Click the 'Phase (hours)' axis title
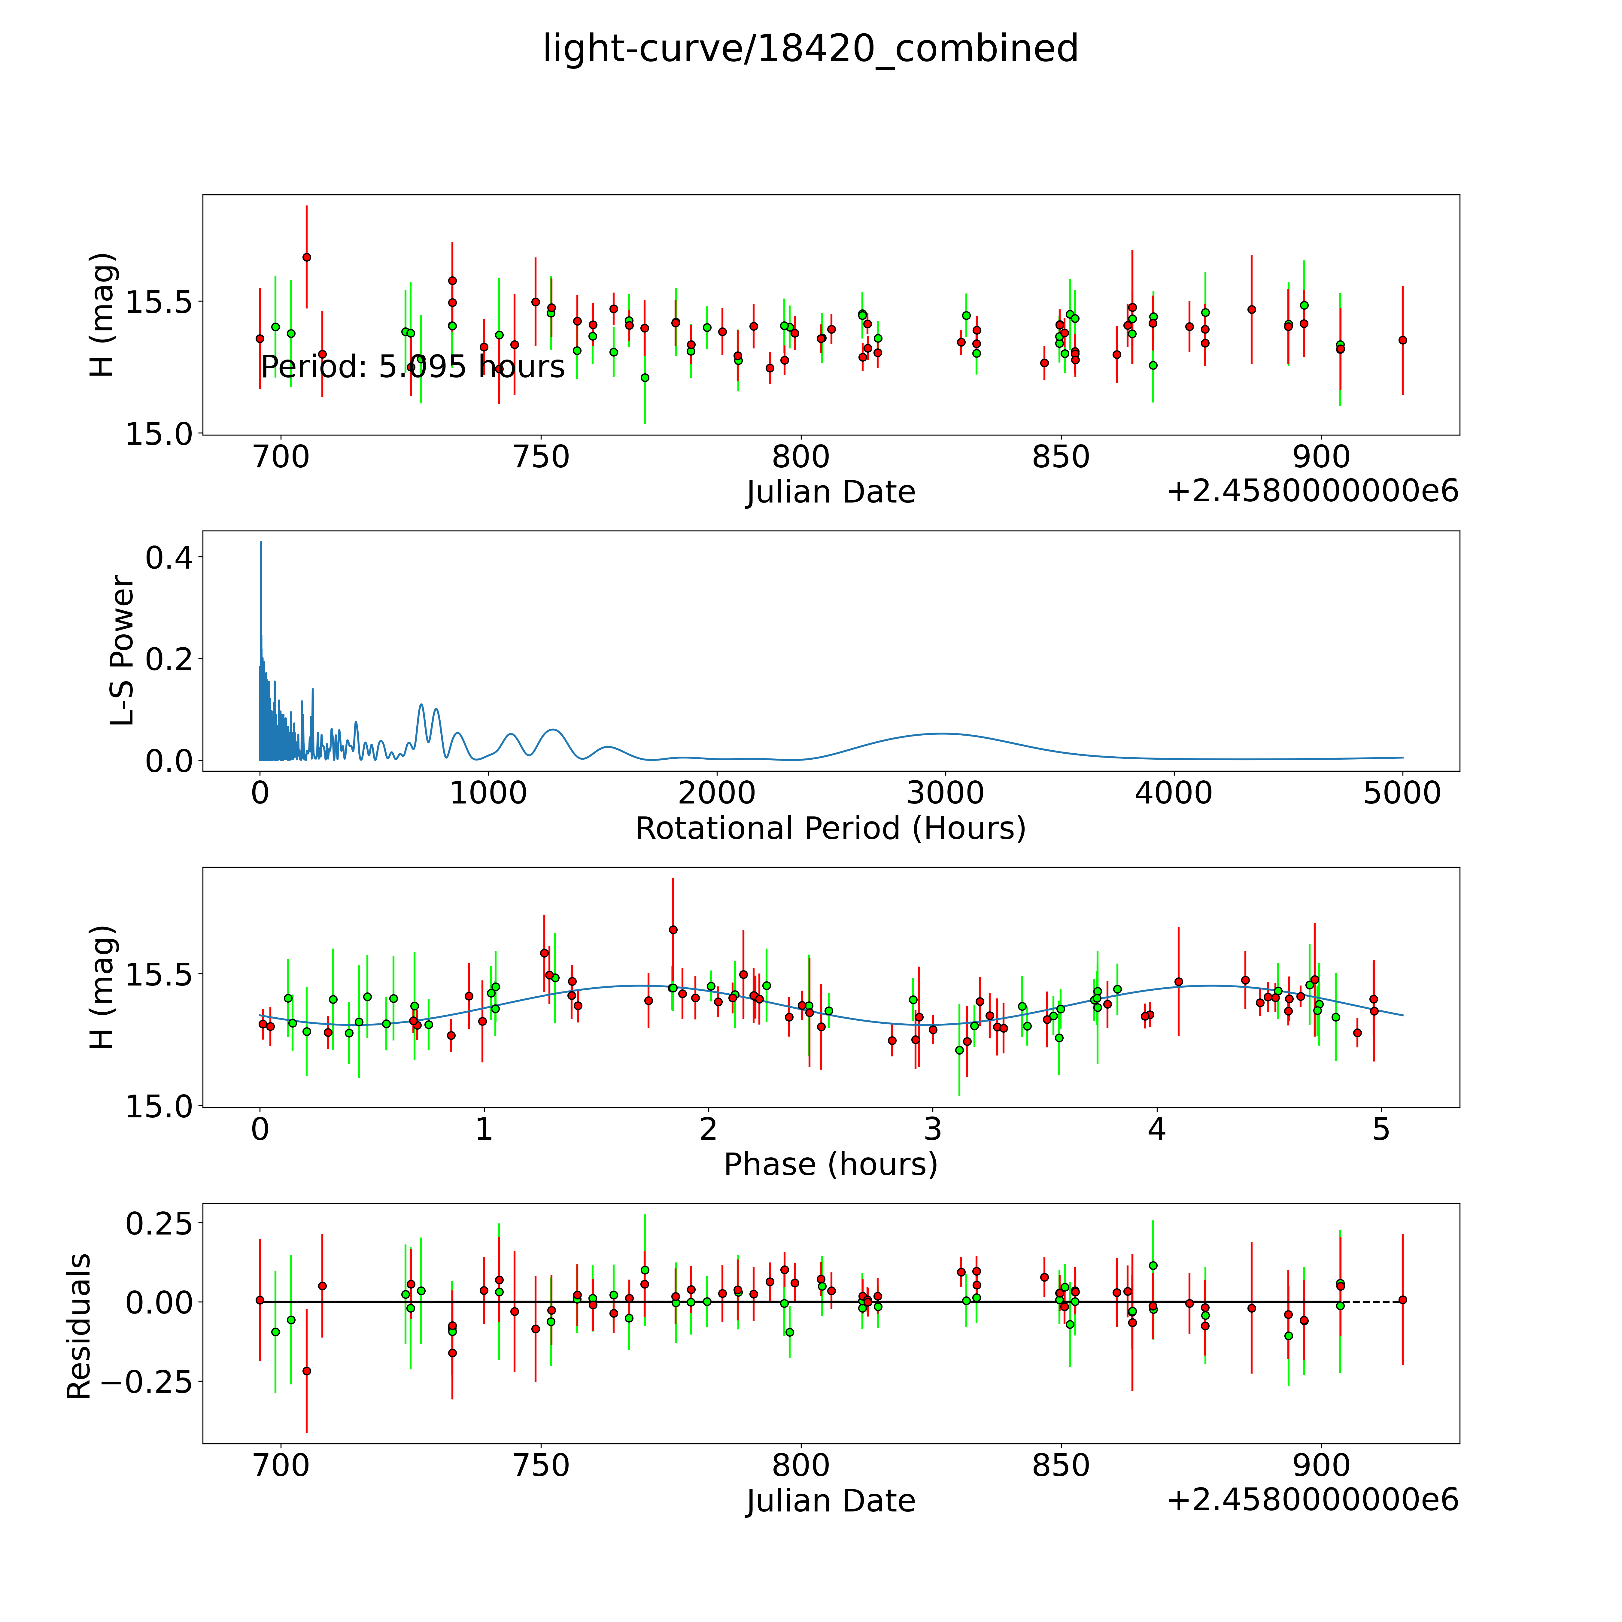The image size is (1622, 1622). coord(830,1165)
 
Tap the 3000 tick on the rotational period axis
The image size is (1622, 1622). coord(945,793)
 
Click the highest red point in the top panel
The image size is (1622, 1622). coord(306,257)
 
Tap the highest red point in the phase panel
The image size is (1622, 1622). coord(673,929)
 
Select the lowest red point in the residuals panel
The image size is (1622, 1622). coord(306,1371)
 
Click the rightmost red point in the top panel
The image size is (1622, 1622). coord(1402,340)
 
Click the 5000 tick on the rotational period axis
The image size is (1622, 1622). coord(1402,793)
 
